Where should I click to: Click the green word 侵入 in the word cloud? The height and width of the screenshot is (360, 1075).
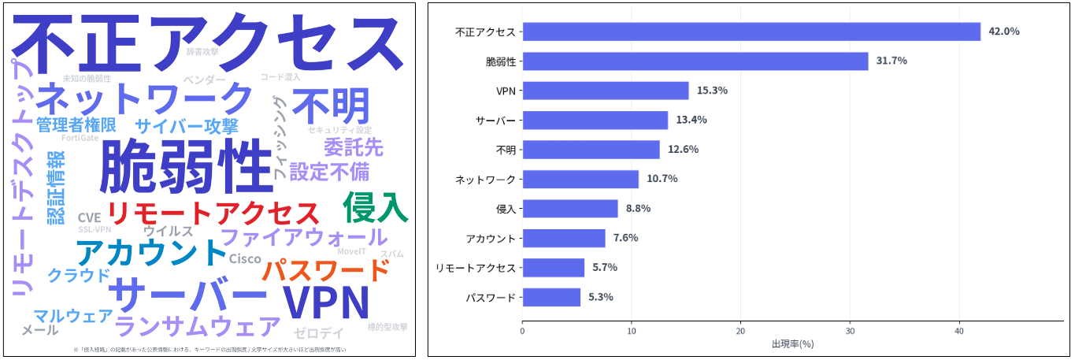376,208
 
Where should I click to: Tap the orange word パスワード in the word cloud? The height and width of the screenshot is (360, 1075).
325,271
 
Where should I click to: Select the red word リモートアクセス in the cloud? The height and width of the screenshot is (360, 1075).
213,213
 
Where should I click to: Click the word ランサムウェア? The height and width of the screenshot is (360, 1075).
197,325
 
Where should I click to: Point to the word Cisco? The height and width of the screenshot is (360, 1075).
244,259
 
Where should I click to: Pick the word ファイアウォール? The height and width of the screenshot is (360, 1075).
304,236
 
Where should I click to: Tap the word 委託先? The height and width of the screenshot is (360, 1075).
353,147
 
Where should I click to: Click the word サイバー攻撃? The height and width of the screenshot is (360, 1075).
186,126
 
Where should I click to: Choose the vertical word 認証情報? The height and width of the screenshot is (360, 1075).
56,187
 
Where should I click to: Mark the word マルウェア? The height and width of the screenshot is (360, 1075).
72,316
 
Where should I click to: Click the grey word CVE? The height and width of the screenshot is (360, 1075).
89,217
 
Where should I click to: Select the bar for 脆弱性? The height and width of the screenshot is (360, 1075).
695,61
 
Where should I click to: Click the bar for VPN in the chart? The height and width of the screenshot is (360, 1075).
605,91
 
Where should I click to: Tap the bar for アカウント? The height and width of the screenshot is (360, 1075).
563,238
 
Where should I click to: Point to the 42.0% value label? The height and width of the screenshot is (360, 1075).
1003,32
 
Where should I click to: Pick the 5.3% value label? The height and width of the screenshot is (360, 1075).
601,297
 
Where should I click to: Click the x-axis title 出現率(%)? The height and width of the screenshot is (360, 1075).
792,344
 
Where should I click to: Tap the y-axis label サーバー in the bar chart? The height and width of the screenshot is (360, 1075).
495,121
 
